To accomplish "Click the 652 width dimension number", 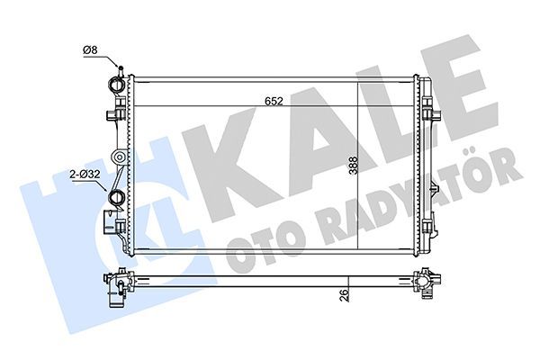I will tap(275, 102).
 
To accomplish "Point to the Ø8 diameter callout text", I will tap(90, 50).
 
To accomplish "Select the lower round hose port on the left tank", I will tap(115, 198).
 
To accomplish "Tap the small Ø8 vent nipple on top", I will tap(118, 68).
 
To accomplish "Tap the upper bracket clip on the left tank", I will tap(112, 115).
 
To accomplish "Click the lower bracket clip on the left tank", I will tap(111, 221).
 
